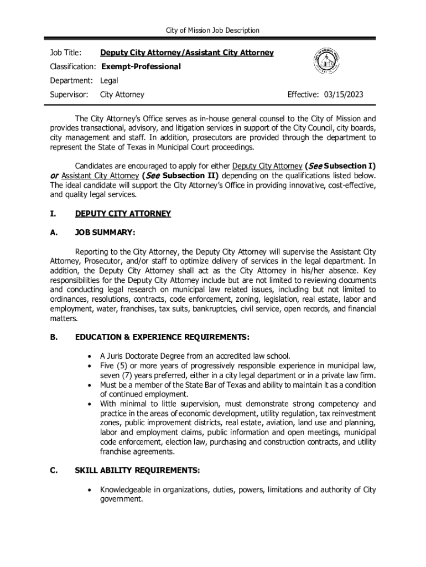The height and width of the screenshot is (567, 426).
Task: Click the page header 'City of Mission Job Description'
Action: [x=213, y=30]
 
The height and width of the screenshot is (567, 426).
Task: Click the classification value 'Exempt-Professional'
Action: [x=140, y=66]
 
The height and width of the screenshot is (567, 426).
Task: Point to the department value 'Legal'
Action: [x=109, y=81]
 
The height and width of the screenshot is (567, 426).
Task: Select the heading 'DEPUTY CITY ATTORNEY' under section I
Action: [x=123, y=214]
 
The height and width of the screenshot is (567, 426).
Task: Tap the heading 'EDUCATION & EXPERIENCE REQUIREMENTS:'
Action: [x=162, y=337]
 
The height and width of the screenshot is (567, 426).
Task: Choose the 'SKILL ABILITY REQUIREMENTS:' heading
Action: [x=137, y=471]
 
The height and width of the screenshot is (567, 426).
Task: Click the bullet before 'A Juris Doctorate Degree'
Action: [x=89, y=356]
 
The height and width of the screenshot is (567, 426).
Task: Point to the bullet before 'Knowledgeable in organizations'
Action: [x=89, y=490]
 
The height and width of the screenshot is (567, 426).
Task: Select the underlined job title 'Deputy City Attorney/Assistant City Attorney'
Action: [x=186, y=53]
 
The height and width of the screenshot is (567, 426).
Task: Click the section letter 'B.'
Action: [x=54, y=337]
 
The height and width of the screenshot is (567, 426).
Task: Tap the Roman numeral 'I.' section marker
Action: [x=53, y=214]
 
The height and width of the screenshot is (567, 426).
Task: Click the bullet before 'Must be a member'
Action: [x=89, y=385]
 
